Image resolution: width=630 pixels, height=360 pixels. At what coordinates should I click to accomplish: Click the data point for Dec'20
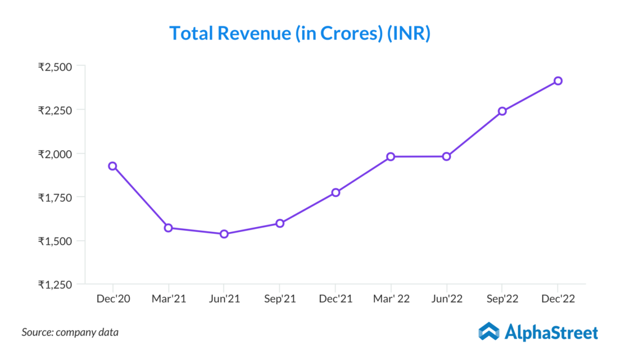[113, 166]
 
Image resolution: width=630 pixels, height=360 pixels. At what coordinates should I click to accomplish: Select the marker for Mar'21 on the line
[168, 228]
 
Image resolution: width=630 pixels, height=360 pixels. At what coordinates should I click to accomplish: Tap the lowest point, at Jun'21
[224, 234]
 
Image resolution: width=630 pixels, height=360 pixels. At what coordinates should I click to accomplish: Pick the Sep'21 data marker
[279, 223]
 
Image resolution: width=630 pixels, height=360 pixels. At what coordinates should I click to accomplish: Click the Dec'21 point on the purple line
[335, 193]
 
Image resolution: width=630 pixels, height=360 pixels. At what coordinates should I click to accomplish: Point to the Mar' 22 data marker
[391, 156]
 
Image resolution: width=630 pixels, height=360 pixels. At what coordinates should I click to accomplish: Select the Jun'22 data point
[447, 156]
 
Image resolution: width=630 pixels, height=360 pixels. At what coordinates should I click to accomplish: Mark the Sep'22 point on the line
[502, 111]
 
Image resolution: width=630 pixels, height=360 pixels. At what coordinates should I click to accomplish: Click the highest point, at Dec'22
[557, 81]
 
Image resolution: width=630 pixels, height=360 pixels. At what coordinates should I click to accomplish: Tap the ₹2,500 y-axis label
[55, 66]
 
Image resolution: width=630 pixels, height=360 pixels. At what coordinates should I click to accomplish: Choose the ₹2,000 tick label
[55, 154]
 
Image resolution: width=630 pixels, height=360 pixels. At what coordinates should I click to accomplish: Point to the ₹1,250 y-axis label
[55, 284]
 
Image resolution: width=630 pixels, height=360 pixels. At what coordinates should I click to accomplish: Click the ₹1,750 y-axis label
[55, 198]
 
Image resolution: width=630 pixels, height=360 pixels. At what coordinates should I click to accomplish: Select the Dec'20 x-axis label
[113, 299]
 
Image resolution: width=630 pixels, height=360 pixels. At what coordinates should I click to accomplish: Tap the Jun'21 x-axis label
[224, 299]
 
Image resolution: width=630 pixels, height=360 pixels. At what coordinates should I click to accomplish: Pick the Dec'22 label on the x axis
[557, 299]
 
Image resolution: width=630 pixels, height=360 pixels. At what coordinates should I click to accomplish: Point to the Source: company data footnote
[70, 332]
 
